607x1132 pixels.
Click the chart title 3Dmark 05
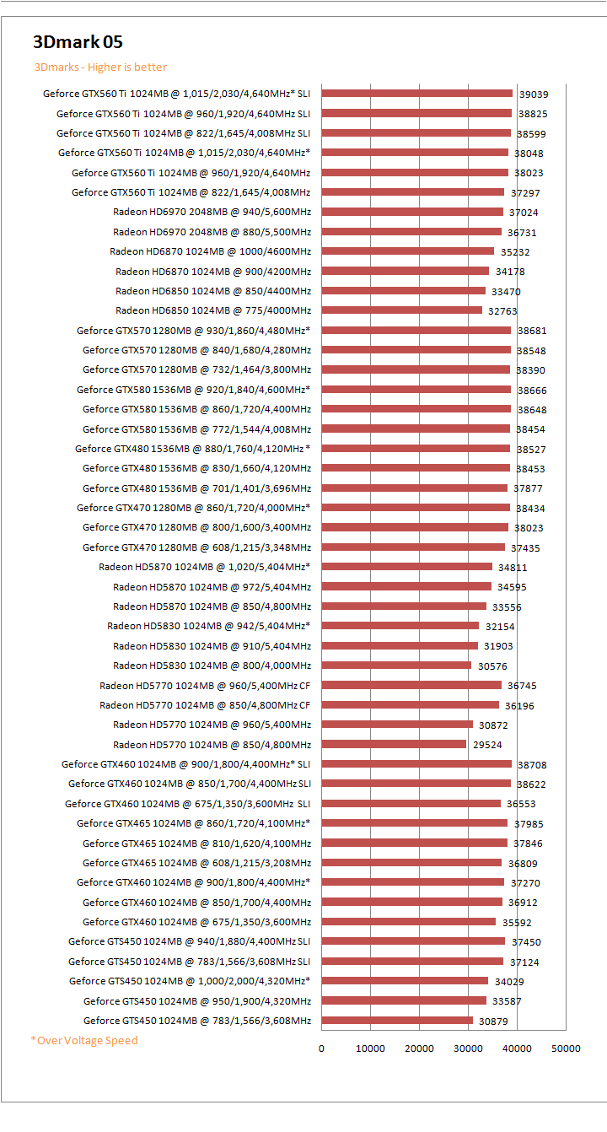(x=78, y=42)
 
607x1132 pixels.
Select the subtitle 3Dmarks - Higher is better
(x=100, y=67)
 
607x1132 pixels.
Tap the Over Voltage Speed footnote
(x=84, y=1040)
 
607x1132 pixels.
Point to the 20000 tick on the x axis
(x=419, y=1048)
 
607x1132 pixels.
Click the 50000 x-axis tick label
(x=566, y=1048)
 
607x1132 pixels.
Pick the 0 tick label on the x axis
(x=321, y=1048)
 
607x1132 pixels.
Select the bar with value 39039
(x=416, y=94)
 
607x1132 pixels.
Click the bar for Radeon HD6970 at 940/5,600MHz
(x=412, y=212)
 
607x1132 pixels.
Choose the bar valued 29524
(x=394, y=744)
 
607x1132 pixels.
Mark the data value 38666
(x=532, y=390)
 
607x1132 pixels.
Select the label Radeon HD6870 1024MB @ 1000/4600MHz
(x=210, y=251)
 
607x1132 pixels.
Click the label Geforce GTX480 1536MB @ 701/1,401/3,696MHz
(x=196, y=488)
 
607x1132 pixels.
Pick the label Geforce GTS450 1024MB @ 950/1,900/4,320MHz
(x=197, y=1001)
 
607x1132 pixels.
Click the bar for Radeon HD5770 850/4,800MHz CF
(x=410, y=705)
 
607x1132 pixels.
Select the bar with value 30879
(x=397, y=1021)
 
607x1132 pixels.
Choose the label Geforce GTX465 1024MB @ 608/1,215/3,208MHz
(x=196, y=863)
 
